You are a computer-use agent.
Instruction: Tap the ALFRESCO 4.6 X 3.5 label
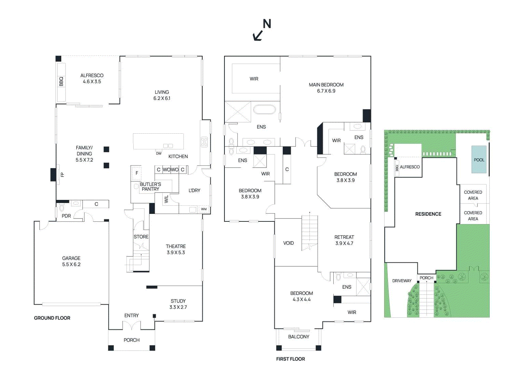pos(92,79)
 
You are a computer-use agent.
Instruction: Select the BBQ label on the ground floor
pos(61,81)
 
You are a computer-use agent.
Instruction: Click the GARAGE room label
pos(71,261)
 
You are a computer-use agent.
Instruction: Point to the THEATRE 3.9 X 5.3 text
pos(176,249)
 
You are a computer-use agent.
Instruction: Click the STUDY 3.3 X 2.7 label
pos(178,304)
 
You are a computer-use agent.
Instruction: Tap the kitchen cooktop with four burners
pos(204,142)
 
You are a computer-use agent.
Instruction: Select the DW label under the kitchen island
pos(159,153)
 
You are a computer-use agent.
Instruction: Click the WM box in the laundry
pos(204,209)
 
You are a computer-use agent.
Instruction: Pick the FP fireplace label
pos(62,175)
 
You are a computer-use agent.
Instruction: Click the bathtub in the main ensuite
pos(264,109)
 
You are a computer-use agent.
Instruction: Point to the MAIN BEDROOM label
pos(326,87)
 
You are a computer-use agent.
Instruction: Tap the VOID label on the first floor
pos(288,243)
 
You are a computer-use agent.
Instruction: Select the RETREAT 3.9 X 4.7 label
pos(344,240)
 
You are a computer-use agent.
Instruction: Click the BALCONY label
pos(298,337)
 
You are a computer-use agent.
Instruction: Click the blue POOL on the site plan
pos(479,160)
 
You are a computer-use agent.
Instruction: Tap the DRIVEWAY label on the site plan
pos(402,281)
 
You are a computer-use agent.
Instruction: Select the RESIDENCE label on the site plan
pos(428,214)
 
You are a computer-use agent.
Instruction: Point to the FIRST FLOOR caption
pos(290,359)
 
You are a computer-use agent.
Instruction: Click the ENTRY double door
pos(132,326)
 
